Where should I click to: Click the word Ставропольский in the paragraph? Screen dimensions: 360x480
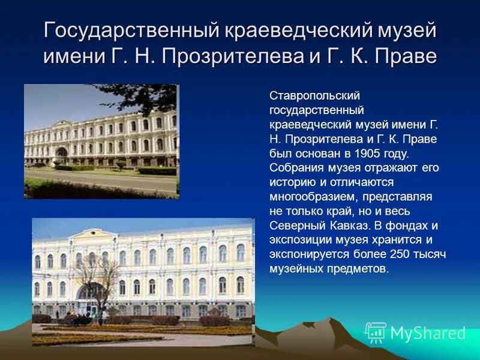(x=306, y=96)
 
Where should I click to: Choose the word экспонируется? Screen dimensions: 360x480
(x=307, y=254)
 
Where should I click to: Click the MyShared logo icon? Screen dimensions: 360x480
(x=376, y=333)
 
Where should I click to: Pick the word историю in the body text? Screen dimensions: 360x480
(x=290, y=182)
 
